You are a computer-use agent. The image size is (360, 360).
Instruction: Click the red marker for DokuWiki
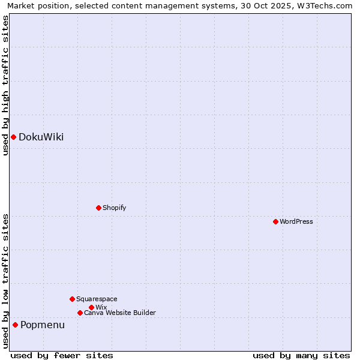tap(13, 137)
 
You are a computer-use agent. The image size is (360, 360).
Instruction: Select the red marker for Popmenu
tap(15, 325)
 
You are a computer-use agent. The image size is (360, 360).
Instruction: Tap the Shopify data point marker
tap(98, 208)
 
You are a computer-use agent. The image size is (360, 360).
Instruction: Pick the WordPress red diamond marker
tap(275, 221)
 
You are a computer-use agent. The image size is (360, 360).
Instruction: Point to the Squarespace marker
tap(72, 299)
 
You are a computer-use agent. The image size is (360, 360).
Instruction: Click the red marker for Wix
tap(91, 307)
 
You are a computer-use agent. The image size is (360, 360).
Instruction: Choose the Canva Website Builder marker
tap(80, 313)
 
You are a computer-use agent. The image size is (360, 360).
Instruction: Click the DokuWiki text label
tap(41, 137)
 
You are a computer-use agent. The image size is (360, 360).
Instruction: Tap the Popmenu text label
tap(43, 325)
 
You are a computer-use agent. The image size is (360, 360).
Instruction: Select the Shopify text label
tap(114, 208)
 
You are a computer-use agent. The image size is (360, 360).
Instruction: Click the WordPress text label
tap(296, 221)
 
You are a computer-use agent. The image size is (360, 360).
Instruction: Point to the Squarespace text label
tap(97, 299)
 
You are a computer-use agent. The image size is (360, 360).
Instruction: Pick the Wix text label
tap(101, 307)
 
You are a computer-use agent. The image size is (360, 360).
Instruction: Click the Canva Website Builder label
tap(119, 313)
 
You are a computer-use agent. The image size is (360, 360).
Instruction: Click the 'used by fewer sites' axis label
tap(62, 355)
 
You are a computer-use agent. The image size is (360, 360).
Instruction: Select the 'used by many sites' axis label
tap(301, 355)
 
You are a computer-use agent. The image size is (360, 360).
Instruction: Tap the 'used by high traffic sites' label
tap(5, 85)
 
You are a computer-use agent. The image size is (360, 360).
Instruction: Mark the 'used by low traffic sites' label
tap(5, 281)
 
